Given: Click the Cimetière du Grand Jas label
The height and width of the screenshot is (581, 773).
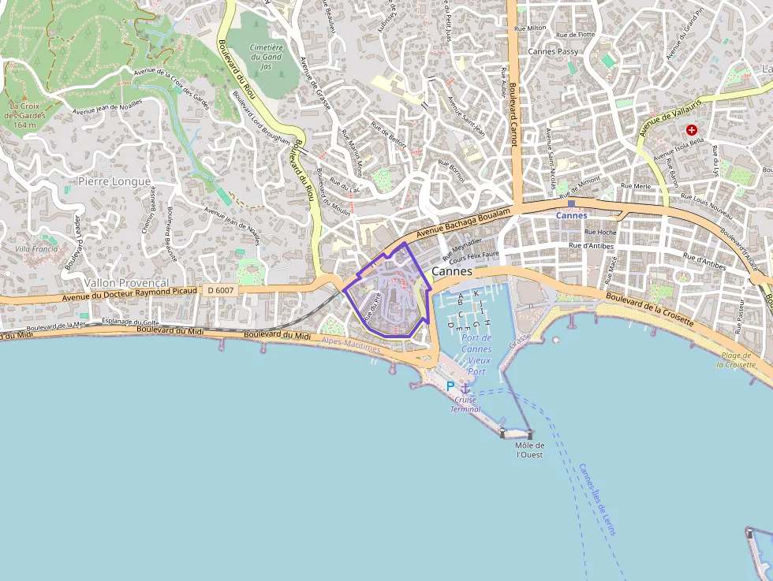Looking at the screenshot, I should coord(266,57).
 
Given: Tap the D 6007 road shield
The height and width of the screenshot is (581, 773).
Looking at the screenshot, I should coord(221,291).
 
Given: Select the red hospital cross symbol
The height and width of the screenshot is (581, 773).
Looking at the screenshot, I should coord(692,129).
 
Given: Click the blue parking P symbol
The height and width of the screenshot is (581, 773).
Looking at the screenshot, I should coord(450,386).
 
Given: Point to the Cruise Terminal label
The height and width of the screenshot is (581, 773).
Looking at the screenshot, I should coord(465,404).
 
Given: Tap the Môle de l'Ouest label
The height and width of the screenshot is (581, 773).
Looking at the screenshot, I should coord(529,450).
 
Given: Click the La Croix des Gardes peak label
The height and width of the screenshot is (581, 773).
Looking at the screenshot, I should coord(25,115).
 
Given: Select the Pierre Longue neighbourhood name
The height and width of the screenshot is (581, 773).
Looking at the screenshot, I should coord(114,181).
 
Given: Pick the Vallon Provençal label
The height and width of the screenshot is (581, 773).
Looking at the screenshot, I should coord(127,282).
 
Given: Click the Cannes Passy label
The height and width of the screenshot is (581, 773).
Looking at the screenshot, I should coord(553,52).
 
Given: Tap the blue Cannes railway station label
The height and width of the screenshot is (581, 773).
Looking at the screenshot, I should coord(571,215).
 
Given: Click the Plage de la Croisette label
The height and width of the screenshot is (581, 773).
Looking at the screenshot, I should coord(741,360).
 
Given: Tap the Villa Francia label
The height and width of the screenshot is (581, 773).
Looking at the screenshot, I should coord(36,248).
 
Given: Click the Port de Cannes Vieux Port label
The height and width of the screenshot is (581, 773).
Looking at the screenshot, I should coord(476,354).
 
